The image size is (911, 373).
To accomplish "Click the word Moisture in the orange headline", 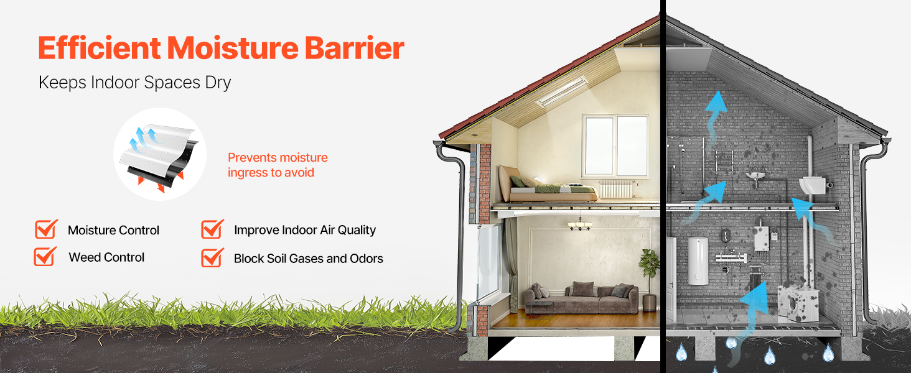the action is [233, 48].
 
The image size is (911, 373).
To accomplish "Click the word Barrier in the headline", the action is [355, 48].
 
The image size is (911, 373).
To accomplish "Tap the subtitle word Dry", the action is [218, 83].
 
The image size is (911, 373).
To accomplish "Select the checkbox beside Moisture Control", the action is [46, 229].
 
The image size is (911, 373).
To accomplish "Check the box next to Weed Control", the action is [45, 256].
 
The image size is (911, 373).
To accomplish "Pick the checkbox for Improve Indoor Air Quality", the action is [212, 229].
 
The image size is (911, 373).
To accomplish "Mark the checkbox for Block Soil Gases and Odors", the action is [212, 257].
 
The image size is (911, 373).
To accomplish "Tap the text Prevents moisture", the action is [278, 157].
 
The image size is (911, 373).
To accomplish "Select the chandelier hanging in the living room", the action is [580, 223].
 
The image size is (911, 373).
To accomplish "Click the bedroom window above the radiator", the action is [616, 146].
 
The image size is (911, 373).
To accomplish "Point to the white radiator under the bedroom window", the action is [617, 189].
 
